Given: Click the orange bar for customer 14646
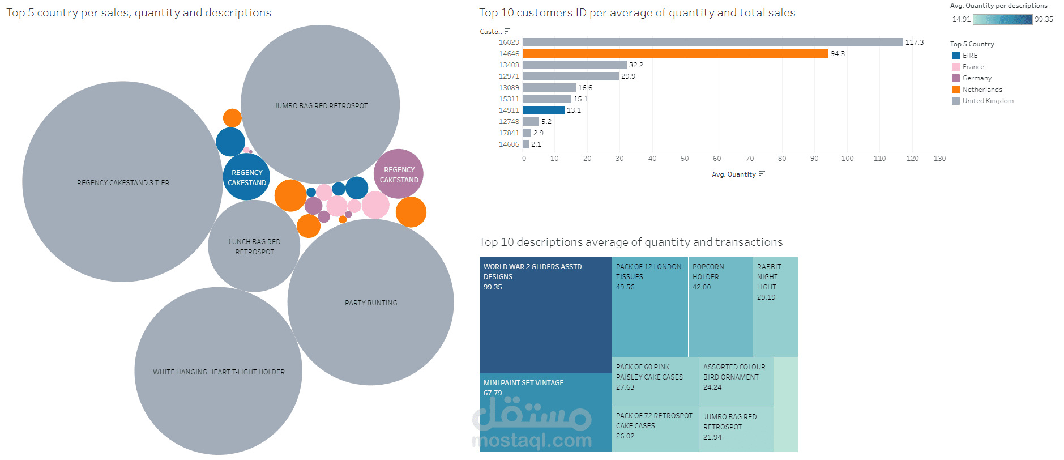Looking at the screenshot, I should click(675, 53).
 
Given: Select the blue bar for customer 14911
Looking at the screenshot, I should click(543, 110).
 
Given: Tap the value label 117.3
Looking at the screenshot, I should click(914, 42).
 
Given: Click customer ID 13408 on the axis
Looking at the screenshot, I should click(509, 65).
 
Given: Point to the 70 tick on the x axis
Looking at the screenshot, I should click(749, 159).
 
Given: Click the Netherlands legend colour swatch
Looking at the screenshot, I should click(956, 90).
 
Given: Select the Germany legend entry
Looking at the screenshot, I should click(977, 78).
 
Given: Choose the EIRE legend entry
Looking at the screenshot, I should click(970, 56).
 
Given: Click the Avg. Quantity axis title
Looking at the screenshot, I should click(733, 174).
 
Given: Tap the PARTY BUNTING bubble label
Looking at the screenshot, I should click(371, 303).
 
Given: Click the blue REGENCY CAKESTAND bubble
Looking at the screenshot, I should click(247, 177).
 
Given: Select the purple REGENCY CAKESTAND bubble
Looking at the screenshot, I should click(399, 174).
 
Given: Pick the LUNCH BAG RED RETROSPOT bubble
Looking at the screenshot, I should click(254, 246).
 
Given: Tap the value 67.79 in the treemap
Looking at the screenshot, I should click(493, 393).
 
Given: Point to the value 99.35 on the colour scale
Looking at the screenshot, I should click(1044, 19).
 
